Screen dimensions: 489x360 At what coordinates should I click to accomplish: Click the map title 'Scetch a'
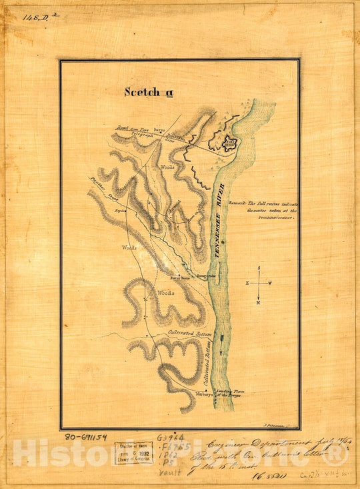(x=142, y=92)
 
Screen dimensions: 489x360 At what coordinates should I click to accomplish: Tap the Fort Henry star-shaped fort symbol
(x=229, y=145)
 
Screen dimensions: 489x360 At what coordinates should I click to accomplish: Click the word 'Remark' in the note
(x=237, y=203)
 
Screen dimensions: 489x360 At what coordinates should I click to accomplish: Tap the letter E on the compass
(x=246, y=283)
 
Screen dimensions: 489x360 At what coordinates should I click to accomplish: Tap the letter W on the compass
(x=271, y=283)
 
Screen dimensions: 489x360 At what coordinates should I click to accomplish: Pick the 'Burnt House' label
(x=181, y=276)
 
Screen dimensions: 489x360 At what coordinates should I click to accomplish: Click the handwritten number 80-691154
(x=87, y=438)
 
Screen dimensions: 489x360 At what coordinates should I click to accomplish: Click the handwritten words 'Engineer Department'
(x=243, y=443)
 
